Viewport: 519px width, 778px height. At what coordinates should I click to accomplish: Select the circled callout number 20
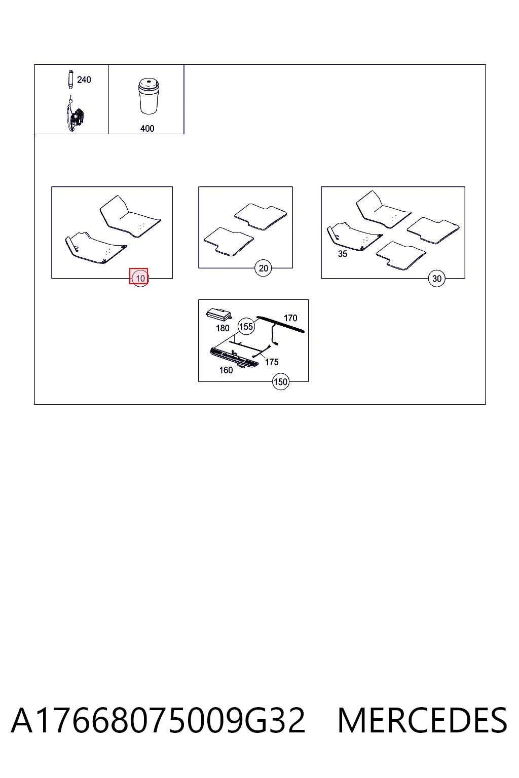tap(263, 268)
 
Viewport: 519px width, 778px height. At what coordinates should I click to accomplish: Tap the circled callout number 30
tap(436, 279)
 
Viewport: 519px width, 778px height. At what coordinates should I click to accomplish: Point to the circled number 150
tap(280, 382)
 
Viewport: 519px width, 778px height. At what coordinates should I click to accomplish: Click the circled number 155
tap(246, 327)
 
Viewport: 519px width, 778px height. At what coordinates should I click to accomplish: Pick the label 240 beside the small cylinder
tap(84, 80)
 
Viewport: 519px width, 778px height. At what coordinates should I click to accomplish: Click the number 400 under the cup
tap(147, 129)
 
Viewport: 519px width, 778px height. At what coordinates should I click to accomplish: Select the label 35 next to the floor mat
tap(343, 254)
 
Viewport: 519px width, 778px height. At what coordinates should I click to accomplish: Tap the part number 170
tap(290, 318)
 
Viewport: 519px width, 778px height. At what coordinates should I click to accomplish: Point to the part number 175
tap(272, 362)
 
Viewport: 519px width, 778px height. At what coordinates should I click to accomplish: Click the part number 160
tap(226, 370)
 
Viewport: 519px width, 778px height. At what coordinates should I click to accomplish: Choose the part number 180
tap(223, 328)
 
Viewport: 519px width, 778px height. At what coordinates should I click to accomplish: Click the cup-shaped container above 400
tap(149, 96)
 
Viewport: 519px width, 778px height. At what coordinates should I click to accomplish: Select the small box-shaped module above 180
tap(218, 314)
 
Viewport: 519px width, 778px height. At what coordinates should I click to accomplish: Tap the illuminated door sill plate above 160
tap(234, 358)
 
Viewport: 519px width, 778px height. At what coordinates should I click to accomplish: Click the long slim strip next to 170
tap(281, 324)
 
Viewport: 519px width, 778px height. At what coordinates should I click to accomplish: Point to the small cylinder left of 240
tap(70, 80)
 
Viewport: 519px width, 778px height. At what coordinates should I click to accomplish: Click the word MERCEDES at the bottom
tap(422, 721)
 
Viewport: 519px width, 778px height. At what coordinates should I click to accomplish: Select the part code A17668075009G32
tap(158, 721)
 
